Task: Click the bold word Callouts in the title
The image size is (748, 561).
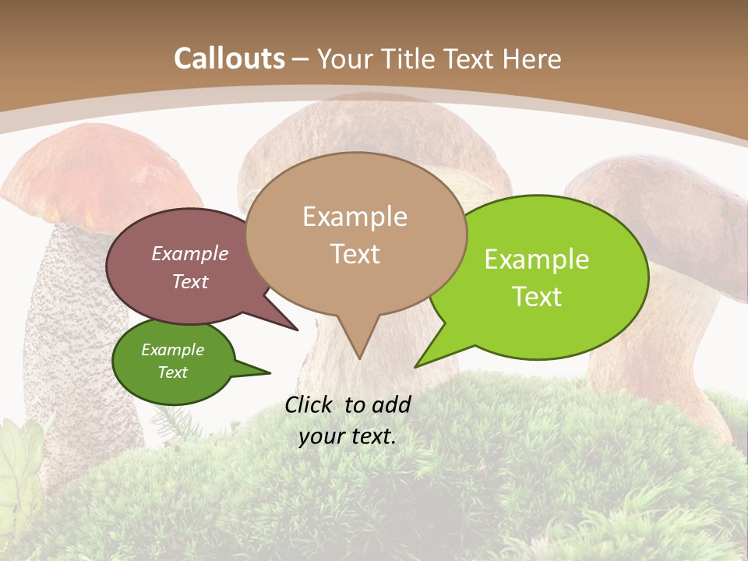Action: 229,58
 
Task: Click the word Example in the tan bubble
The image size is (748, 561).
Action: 355,217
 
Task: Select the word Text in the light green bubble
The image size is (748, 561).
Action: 537,297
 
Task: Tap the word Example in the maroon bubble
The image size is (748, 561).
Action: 189,253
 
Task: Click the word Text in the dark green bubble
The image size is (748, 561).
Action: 172,372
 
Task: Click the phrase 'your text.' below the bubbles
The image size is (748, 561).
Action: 347,436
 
